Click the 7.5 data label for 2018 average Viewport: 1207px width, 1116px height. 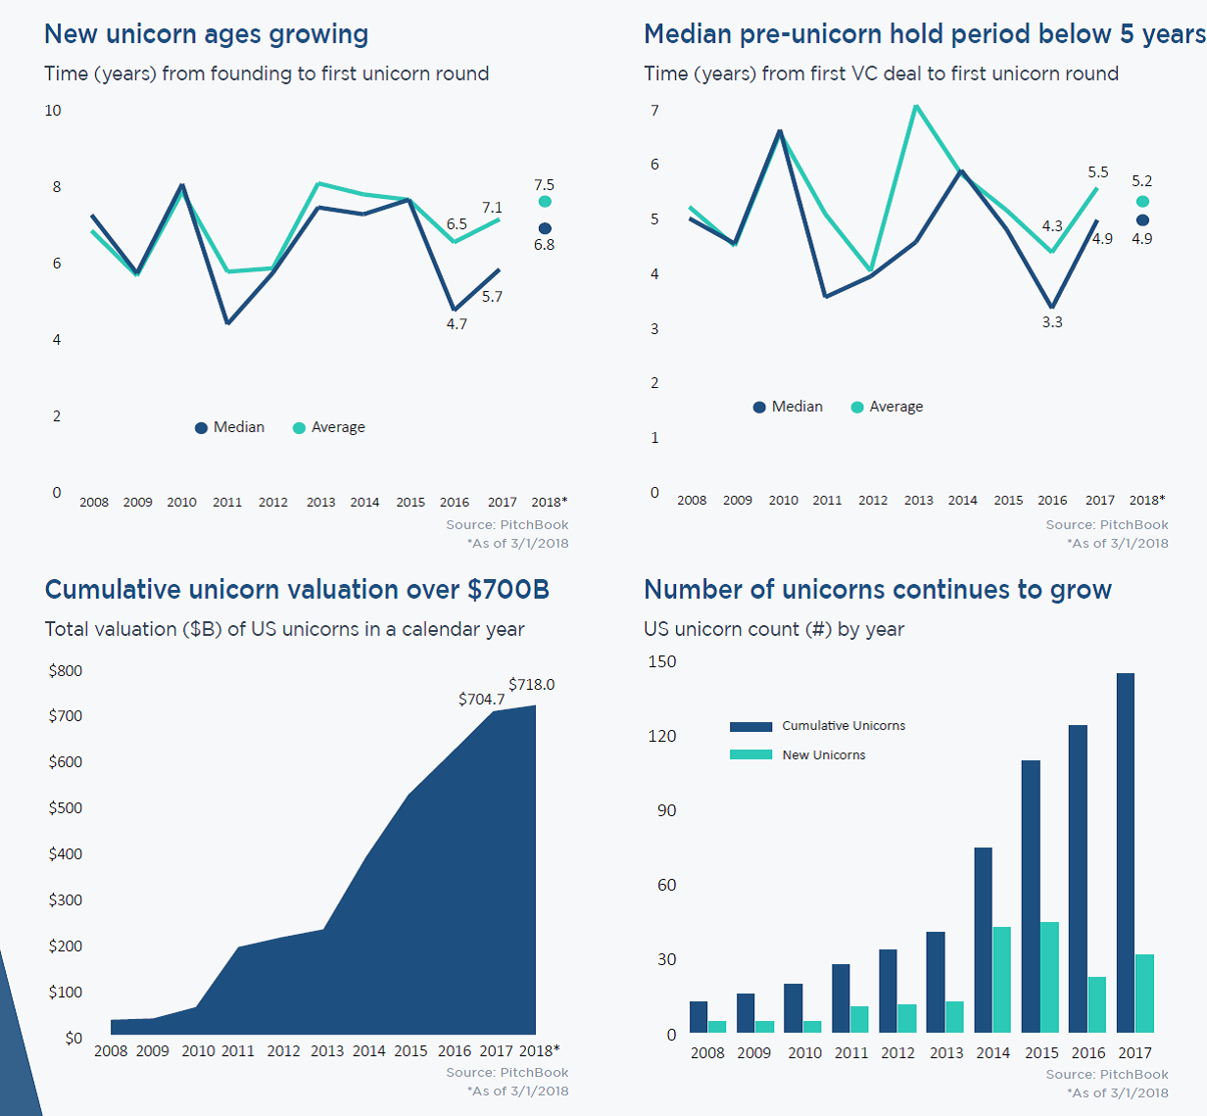[x=544, y=185]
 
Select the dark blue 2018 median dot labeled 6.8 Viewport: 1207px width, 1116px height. [x=545, y=229]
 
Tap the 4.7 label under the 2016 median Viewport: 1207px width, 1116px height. [x=457, y=324]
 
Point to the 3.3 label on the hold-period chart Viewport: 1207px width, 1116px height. [x=1052, y=322]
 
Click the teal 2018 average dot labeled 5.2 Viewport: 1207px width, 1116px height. [x=1142, y=202]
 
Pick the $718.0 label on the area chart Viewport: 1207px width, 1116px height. [x=531, y=685]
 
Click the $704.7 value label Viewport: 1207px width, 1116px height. [x=481, y=700]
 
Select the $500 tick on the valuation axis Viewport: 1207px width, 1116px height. [x=66, y=808]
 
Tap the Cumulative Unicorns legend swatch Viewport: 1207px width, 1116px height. [x=751, y=727]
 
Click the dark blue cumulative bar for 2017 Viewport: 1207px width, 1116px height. [x=1126, y=852]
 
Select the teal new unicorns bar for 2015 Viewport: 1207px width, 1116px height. [x=1049, y=977]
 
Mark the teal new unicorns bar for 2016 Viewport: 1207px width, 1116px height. [x=1097, y=1004]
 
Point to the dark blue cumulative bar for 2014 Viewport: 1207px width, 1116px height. [x=983, y=940]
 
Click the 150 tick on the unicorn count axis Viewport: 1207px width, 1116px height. [x=662, y=662]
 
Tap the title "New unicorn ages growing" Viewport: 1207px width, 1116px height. [x=207, y=34]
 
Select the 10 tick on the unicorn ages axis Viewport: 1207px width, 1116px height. [x=53, y=111]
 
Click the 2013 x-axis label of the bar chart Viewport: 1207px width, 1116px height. [x=946, y=1053]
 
